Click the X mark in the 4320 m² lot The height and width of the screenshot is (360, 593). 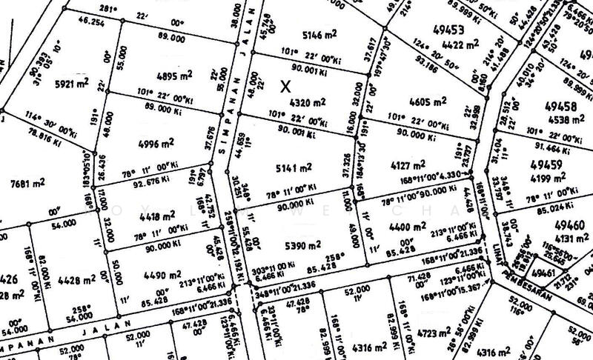[x=285, y=86]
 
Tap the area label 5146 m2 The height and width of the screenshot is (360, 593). [x=304, y=34]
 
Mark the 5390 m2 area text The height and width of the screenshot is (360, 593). [x=304, y=245]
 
